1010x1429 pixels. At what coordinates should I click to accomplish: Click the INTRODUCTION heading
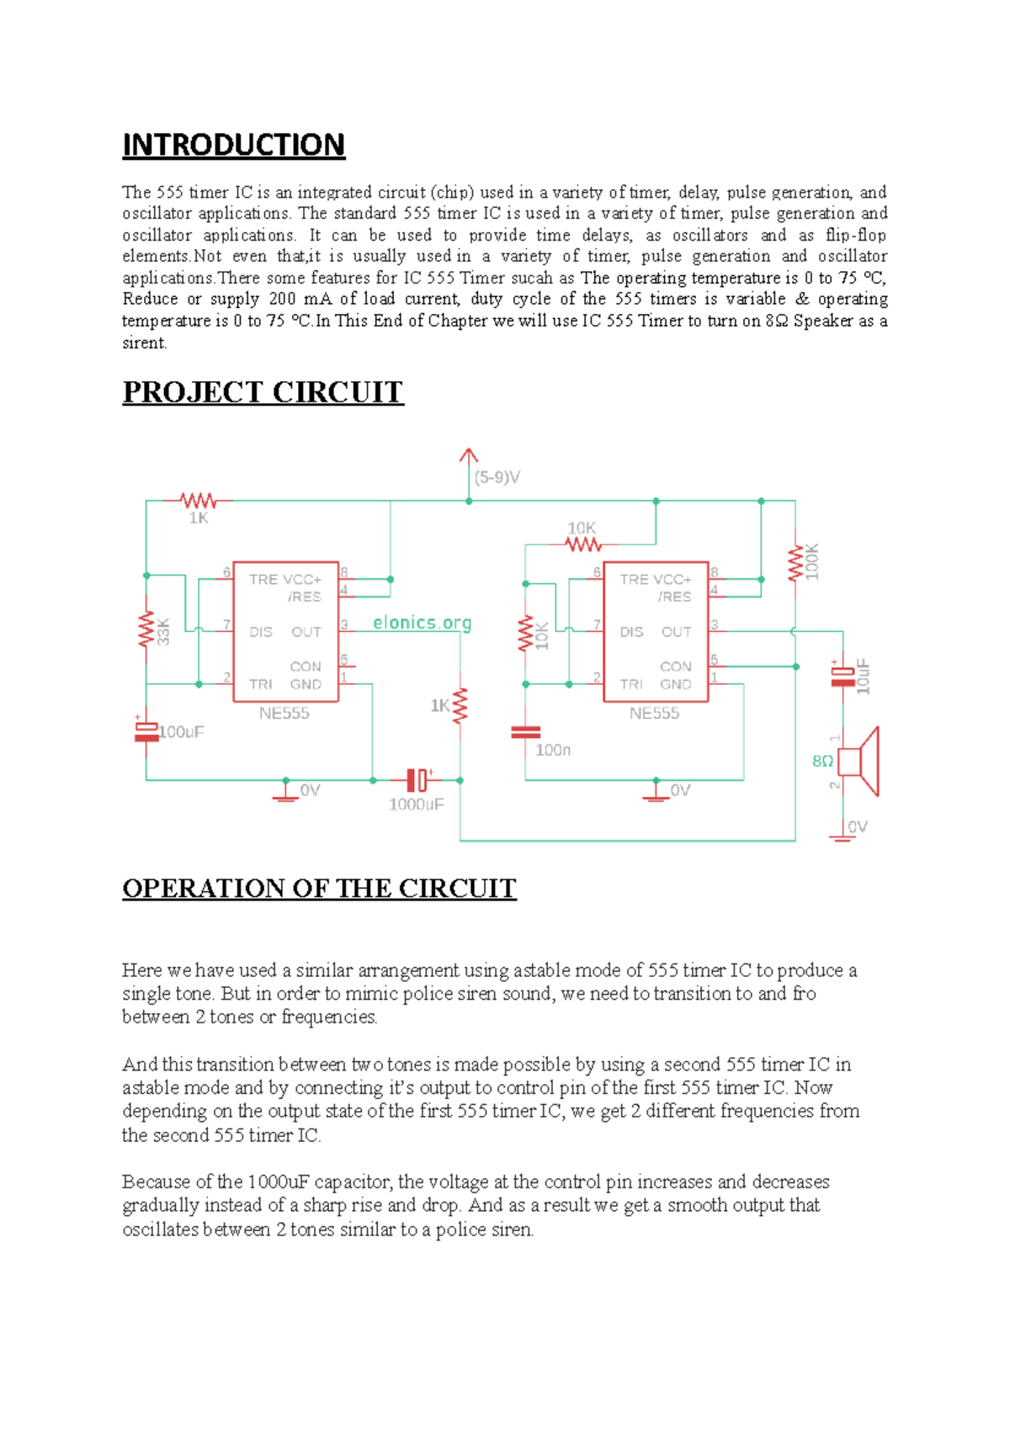coord(233,145)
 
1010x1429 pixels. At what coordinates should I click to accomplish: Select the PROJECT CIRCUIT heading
coord(263,392)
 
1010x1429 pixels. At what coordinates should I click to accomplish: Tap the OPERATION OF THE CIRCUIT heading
coord(319,889)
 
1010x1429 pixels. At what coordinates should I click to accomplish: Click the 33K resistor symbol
coord(146,630)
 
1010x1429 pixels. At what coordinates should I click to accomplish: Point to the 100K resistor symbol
coord(795,563)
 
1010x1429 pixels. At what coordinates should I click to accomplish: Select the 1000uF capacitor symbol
coord(417,780)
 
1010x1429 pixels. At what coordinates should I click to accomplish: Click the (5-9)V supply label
coord(497,477)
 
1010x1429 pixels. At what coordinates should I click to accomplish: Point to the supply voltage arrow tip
coord(469,451)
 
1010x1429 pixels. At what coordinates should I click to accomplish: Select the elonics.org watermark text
coord(422,623)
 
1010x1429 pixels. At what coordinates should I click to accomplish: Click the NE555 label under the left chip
coord(284,714)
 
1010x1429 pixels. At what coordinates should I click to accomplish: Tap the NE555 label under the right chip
coord(654,714)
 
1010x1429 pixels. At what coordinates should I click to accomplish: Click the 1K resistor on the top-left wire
coord(199,501)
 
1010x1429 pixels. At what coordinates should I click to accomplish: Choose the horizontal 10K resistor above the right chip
coord(582,545)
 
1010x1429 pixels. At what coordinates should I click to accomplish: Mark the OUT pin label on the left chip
coord(306,632)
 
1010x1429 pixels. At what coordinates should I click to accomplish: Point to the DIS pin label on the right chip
coord(631,632)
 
